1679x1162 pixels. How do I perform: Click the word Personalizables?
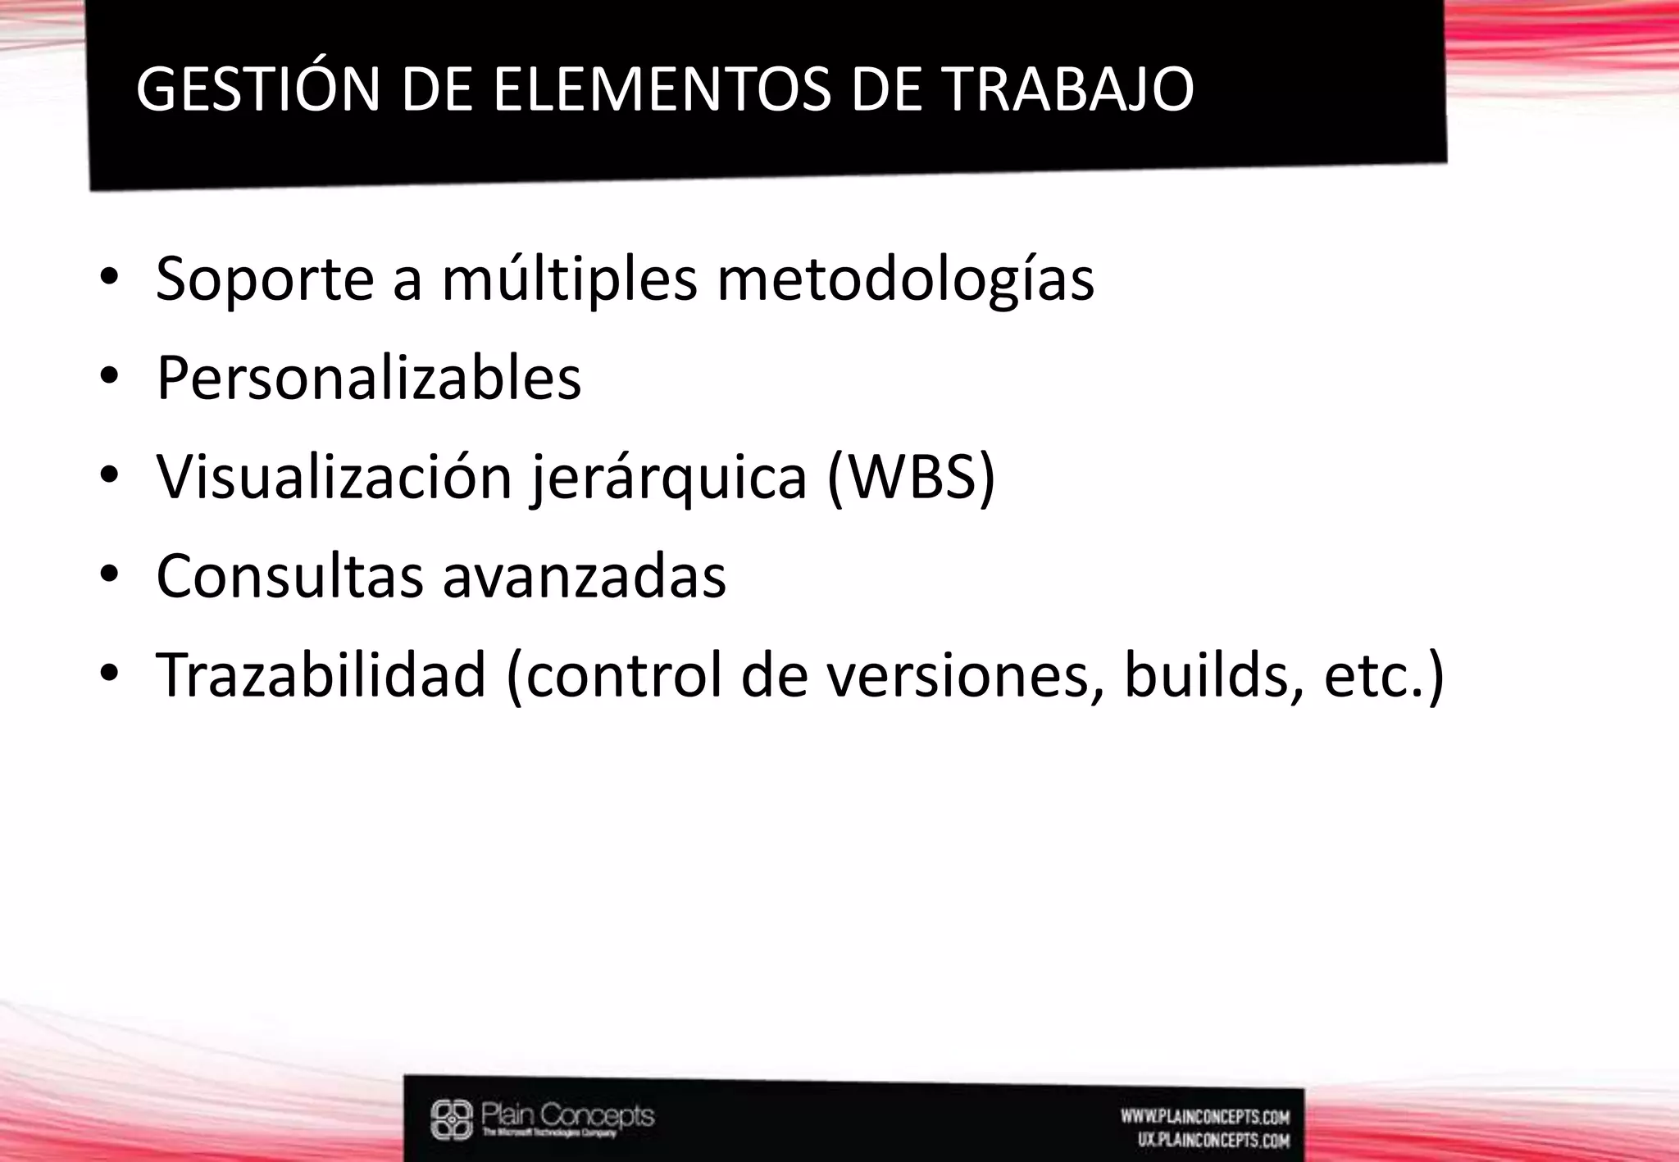coord(368,379)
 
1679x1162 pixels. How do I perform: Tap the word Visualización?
coord(334,477)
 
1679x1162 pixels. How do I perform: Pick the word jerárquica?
coord(669,479)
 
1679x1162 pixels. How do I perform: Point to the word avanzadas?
coord(584,576)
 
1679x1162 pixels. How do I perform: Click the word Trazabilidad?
coord(321,675)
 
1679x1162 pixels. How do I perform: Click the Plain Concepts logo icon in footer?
coord(453,1120)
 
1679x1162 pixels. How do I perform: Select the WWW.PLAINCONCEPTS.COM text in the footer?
coord(1205,1117)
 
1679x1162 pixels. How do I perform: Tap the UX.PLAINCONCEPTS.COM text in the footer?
coord(1213,1140)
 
